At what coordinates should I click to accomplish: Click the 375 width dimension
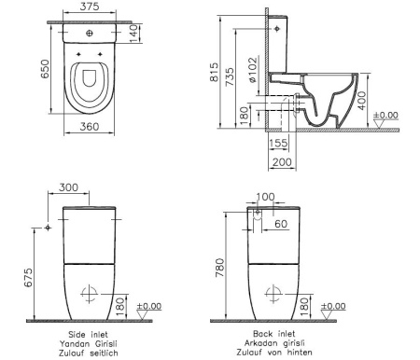pos(90,8)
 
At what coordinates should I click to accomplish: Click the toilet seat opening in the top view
pos(90,87)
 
